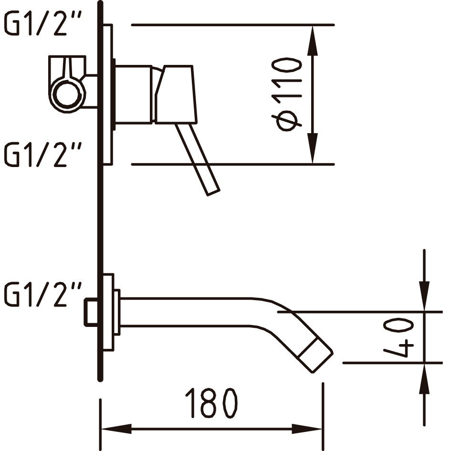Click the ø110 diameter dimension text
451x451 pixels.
[287, 94]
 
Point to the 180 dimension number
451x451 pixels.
[211, 403]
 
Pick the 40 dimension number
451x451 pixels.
[399, 338]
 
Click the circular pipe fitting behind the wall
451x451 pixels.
[67, 94]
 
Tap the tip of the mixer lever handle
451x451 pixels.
[213, 192]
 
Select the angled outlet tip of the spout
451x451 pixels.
[315, 356]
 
